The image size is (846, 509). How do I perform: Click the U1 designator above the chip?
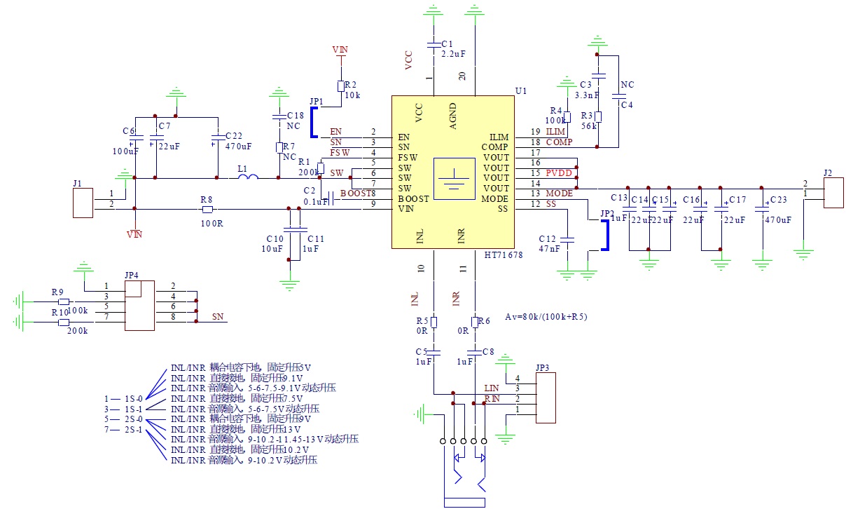tap(520, 91)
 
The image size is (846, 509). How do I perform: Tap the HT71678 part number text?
tap(504, 254)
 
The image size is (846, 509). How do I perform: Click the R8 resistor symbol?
tap(207, 208)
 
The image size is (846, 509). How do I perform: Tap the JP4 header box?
tap(139, 306)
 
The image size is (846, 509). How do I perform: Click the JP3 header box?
tap(546, 398)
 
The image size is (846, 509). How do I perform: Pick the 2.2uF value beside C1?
tap(454, 53)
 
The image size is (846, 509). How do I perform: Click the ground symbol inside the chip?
tap(452, 178)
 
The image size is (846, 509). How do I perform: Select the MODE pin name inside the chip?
tap(494, 198)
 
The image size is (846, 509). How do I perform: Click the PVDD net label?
tap(559, 172)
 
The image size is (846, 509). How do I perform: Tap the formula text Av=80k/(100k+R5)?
tap(546, 316)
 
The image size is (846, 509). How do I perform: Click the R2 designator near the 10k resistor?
tap(351, 84)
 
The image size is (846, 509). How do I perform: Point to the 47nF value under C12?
tap(550, 249)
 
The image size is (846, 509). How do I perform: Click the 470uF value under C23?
tap(777, 219)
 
